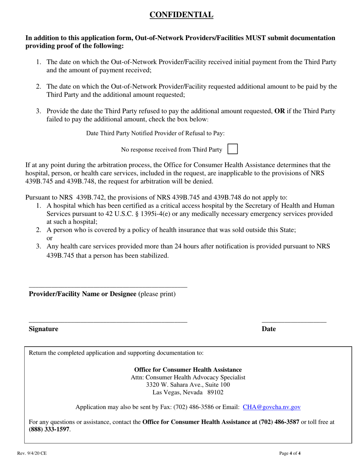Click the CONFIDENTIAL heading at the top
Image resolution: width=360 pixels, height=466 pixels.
tap(181, 15)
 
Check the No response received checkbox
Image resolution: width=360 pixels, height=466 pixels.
tap(232, 149)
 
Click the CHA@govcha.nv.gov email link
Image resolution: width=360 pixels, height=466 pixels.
tap(272, 407)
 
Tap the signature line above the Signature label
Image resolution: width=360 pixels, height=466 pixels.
tap(108, 321)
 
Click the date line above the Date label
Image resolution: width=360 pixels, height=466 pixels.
tap(294, 321)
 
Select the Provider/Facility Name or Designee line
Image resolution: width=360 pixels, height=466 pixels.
tap(108, 287)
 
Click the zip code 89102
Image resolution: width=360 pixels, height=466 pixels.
tap(215, 393)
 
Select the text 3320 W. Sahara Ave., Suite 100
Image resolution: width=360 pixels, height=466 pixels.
tap(188, 385)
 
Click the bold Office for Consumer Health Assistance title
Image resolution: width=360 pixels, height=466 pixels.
tap(188, 369)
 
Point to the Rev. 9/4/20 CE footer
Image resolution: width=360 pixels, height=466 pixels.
tap(31, 453)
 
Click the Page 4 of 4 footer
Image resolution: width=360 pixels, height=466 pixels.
tap(290, 453)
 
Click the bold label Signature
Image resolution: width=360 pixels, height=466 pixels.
tap(44, 329)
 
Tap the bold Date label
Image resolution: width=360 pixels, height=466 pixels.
tap(269, 329)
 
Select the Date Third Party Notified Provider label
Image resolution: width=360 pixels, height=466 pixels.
tap(155, 133)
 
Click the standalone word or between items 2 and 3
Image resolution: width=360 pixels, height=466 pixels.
tap(49, 238)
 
